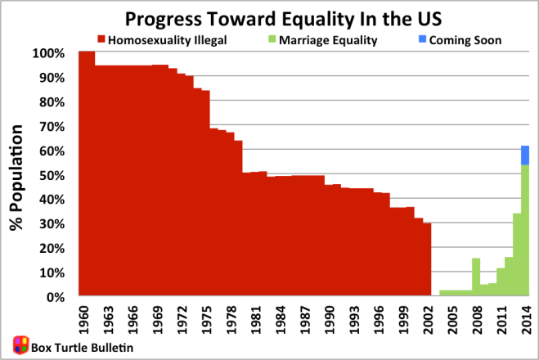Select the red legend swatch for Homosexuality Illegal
[x=101, y=38]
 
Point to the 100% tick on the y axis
[x=48, y=53]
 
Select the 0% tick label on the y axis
[x=54, y=297]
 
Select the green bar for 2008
[x=476, y=277]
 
